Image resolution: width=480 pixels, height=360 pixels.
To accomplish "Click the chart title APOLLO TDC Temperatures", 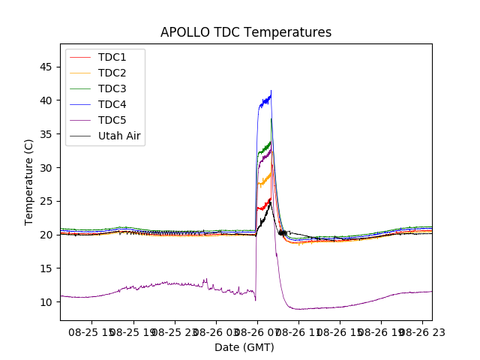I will pyautogui.click(x=245, y=32).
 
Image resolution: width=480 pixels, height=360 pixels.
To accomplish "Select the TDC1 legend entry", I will pyautogui.click(x=112, y=57).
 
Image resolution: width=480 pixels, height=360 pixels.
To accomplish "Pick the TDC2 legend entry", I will pyautogui.click(x=112, y=73).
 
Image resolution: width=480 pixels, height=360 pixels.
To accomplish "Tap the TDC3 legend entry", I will pyautogui.click(x=112, y=88).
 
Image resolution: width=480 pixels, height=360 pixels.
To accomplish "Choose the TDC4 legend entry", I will pyautogui.click(x=112, y=104).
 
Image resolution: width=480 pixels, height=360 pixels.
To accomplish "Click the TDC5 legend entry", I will pyautogui.click(x=112, y=120).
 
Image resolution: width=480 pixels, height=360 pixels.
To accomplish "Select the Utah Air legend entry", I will pyautogui.click(x=119, y=136).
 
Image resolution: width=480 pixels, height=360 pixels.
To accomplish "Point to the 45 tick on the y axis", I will pyautogui.click(x=46, y=67).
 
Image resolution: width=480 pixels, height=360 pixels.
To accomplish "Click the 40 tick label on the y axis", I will pyautogui.click(x=46, y=100).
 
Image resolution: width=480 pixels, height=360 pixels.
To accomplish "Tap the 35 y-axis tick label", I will pyautogui.click(x=46, y=134).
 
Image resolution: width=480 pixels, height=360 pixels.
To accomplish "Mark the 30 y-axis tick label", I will pyautogui.click(x=46, y=167).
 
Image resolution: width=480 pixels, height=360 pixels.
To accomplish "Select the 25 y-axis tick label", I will pyautogui.click(x=46, y=201).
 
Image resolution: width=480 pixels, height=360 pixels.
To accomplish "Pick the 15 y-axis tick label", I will pyautogui.click(x=46, y=268).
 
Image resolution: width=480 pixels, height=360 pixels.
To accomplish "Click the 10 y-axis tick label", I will pyautogui.click(x=46, y=302).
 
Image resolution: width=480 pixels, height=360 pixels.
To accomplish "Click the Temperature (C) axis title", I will pyautogui.click(x=28, y=181).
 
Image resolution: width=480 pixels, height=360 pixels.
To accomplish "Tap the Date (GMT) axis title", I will pyautogui.click(x=244, y=347).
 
